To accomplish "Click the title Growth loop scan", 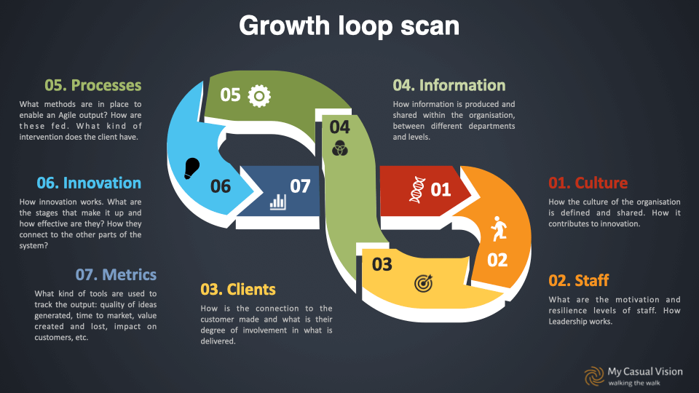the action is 349,26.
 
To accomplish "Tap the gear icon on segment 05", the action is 259,96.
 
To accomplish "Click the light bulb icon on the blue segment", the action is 191,168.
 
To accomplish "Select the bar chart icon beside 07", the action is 277,202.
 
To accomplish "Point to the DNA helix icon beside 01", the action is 417,189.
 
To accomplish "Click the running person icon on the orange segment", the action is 499,229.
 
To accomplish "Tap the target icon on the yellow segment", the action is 423,283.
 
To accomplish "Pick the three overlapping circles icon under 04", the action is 340,148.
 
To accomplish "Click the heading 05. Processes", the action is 92,85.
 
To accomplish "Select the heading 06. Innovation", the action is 89,183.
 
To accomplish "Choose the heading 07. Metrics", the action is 116,274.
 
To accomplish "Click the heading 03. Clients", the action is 238,289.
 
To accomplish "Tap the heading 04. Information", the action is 449,85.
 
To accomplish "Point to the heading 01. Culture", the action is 588,183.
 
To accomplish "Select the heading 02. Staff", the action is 579,280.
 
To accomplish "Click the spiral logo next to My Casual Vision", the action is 594,376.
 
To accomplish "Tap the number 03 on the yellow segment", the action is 382,265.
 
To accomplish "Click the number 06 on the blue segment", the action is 221,186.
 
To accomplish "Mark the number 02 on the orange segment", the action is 497,261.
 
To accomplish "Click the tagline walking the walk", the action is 634,383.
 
